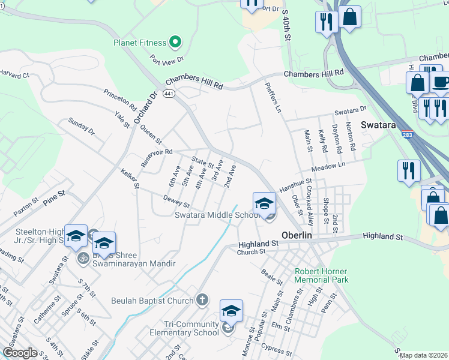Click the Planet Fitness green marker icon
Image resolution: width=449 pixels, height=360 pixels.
point(175,42)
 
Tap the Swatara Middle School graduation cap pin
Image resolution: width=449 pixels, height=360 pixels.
point(264,203)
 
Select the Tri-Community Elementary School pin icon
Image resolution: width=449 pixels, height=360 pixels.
point(231,311)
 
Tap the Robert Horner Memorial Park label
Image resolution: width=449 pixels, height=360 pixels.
point(322,275)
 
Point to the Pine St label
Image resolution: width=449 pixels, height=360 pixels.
point(53,196)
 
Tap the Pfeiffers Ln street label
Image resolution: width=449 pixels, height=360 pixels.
point(273,97)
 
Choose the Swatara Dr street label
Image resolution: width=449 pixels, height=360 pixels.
point(350,110)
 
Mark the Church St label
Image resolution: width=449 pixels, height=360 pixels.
point(251,252)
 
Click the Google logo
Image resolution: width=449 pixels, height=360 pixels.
point(20,353)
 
